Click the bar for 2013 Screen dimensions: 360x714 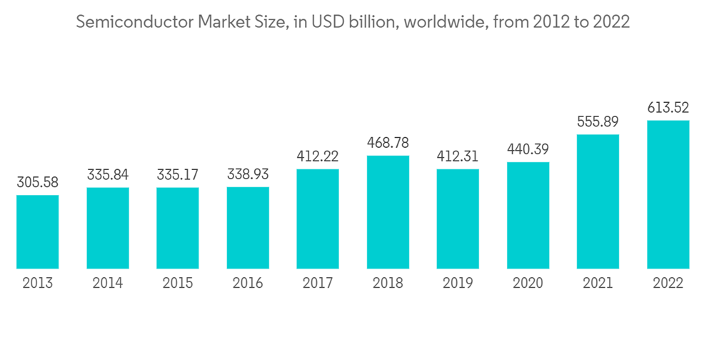point(37,232)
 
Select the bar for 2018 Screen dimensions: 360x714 point(388,212)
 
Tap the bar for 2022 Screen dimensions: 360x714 point(668,194)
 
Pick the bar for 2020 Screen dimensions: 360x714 point(528,216)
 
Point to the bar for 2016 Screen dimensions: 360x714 point(248,228)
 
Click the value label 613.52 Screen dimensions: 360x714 point(668,108)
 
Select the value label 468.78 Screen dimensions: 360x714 point(388,143)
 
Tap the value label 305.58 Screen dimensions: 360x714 point(37,182)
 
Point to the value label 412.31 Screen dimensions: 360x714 point(458,156)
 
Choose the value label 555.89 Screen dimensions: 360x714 point(598,122)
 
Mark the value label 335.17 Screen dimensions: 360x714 point(178,175)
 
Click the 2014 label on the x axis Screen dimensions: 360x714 point(107,284)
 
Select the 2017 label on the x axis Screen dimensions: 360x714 point(318,284)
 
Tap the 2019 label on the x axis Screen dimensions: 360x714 point(458,284)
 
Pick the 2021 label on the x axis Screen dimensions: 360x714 point(598,284)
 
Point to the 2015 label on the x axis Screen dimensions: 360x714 point(178,284)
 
